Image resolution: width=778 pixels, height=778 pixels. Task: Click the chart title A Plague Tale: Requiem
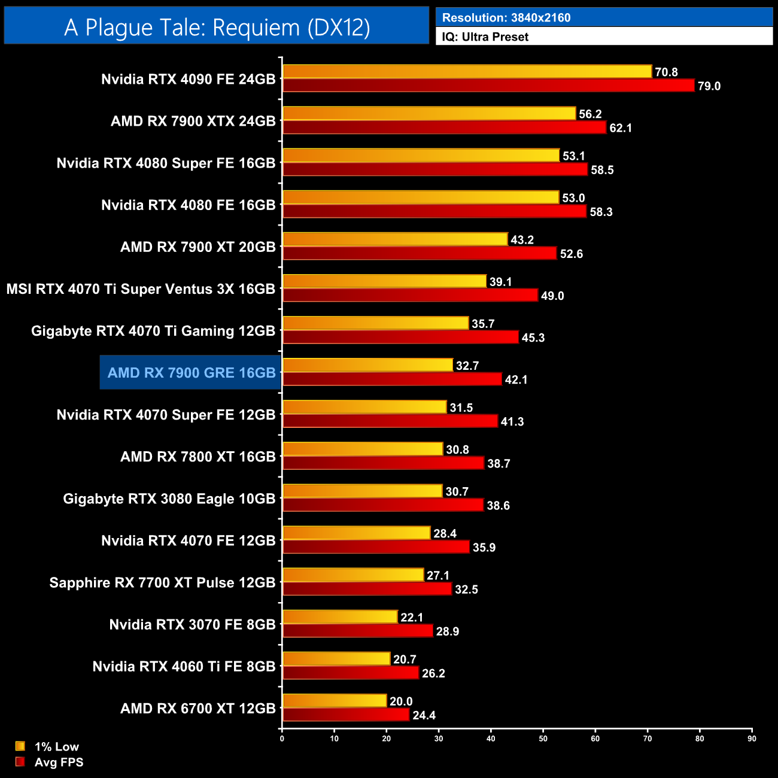pyautogui.click(x=217, y=28)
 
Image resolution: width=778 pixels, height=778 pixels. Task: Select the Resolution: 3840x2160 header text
pyautogui.click(x=506, y=18)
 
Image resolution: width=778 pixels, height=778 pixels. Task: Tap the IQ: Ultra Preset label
pyautogui.click(x=485, y=37)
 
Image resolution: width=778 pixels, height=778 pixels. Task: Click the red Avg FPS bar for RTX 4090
pyautogui.click(x=488, y=86)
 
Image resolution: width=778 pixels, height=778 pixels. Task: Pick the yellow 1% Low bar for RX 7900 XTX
pyautogui.click(x=428, y=114)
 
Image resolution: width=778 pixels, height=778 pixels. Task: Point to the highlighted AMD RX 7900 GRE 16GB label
pyautogui.click(x=191, y=373)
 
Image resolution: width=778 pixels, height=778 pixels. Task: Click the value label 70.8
pyautogui.click(x=666, y=72)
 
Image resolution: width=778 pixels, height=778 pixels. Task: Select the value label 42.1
pyautogui.click(x=516, y=380)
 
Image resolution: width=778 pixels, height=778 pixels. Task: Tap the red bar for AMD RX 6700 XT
pyautogui.click(x=346, y=715)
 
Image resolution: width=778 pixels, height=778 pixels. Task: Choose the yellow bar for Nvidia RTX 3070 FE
pyautogui.click(x=340, y=617)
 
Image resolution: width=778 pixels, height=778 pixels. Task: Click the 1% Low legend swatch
pyautogui.click(x=20, y=746)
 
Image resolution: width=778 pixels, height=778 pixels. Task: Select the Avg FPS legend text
pyautogui.click(x=59, y=762)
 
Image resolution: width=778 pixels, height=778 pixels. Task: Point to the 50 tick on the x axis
pyautogui.click(x=543, y=739)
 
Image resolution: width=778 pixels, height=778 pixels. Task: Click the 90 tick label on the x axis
pyautogui.click(x=752, y=739)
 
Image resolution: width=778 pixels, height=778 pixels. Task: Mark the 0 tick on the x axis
pyautogui.click(x=282, y=739)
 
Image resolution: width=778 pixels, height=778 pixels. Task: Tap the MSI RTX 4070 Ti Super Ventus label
pyautogui.click(x=141, y=289)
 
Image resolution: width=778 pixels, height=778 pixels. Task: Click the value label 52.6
pyautogui.click(x=571, y=254)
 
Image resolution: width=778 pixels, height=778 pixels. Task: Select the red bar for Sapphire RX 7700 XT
pyautogui.click(x=367, y=589)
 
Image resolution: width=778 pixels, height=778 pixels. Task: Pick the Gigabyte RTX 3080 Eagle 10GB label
pyautogui.click(x=169, y=499)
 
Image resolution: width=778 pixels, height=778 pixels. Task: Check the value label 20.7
pyautogui.click(x=405, y=660)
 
